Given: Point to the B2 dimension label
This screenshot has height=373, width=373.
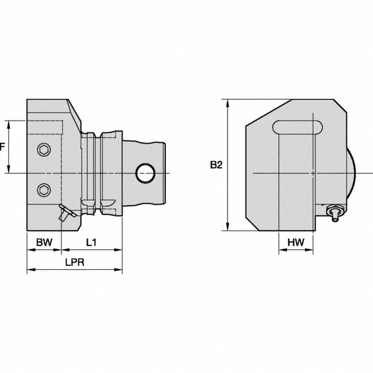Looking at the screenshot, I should pos(216,165).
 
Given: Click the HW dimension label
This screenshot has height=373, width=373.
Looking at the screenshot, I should pos(295,242).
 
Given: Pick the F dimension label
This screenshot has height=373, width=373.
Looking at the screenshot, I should pos(2,147).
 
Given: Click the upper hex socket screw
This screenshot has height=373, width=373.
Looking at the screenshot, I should pos(44,149).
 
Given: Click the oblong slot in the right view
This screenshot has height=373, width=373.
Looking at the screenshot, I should pos(298,127).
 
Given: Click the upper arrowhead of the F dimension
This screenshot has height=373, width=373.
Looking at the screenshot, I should pos(9,122).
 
